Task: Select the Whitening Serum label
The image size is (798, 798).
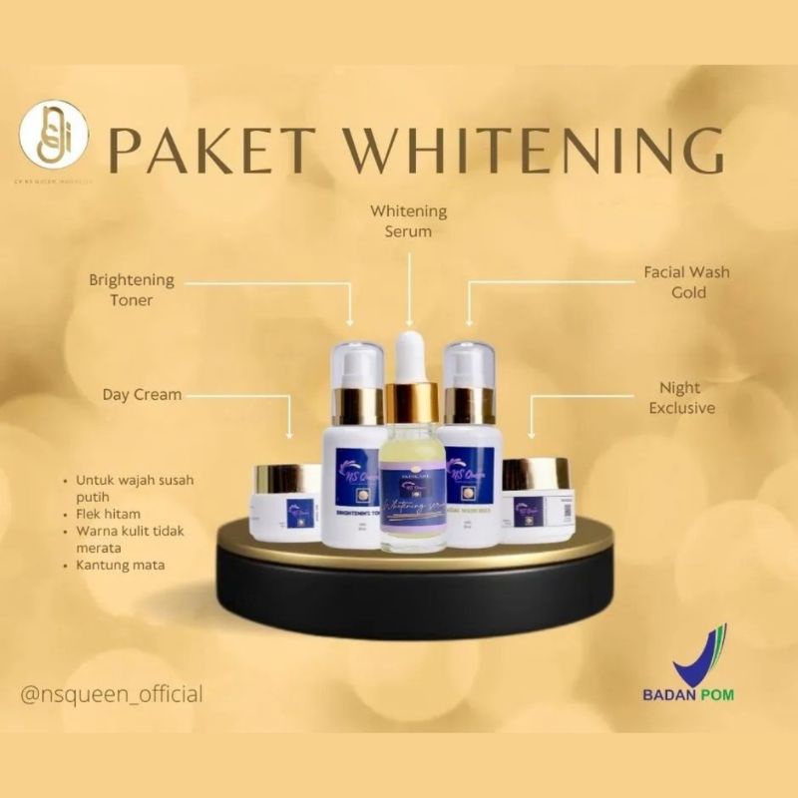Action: [409, 221]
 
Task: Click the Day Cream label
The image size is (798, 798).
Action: [143, 394]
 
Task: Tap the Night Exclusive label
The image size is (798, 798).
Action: [682, 397]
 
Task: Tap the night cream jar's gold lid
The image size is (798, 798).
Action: [536, 473]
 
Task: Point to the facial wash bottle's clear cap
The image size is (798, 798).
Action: [470, 364]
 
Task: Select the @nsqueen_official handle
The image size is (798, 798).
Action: [112, 693]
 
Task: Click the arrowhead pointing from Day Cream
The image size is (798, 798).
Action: [290, 436]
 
